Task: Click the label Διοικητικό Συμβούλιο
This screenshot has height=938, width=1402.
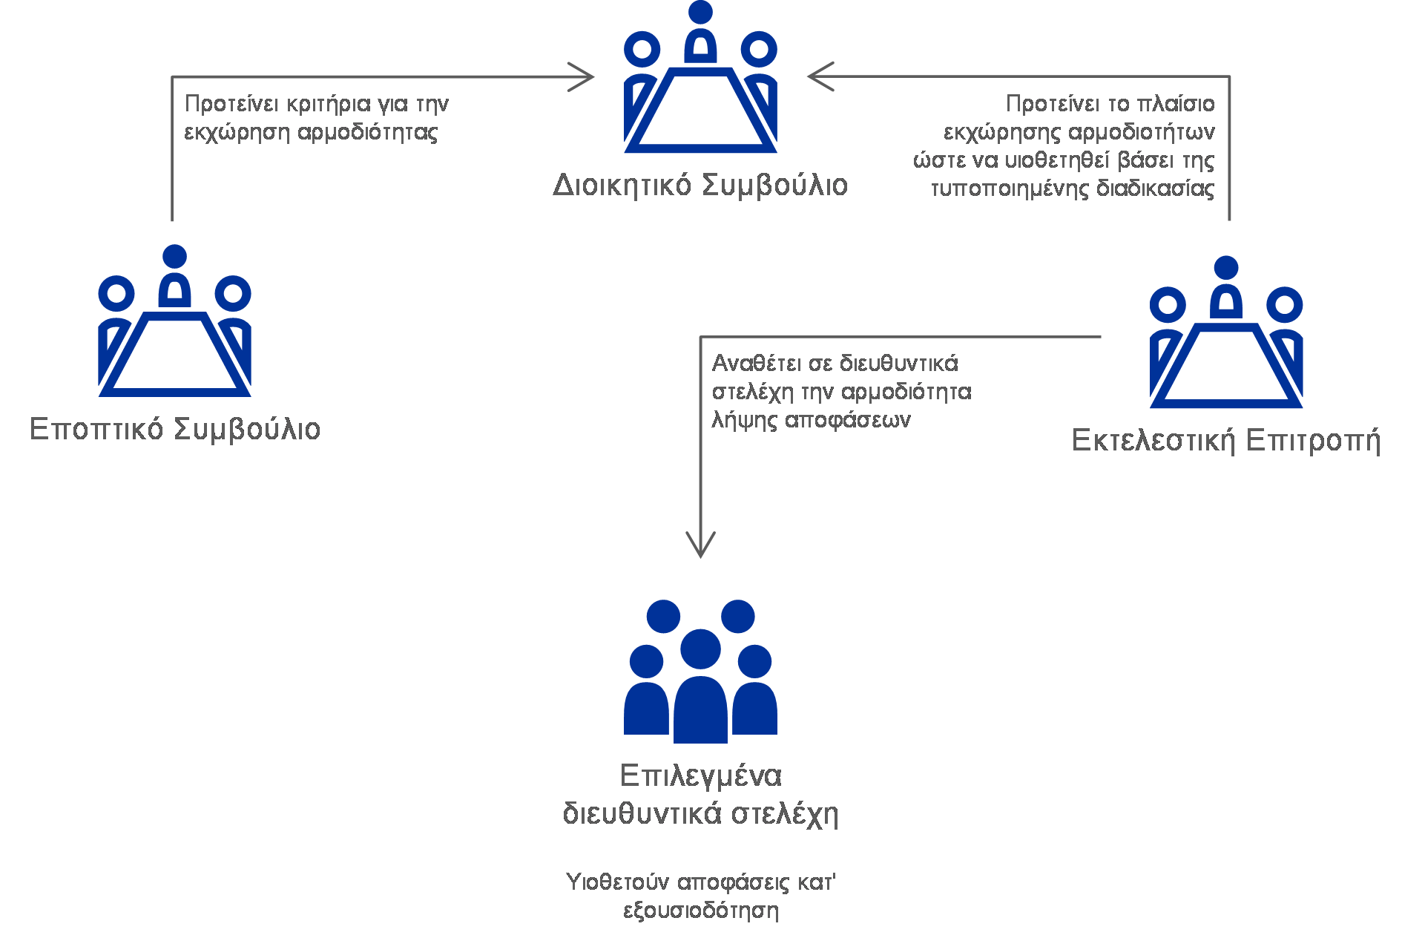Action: coord(700,186)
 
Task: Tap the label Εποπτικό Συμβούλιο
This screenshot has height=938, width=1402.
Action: coord(175,430)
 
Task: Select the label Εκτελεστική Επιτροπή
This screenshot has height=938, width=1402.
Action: coord(1226,441)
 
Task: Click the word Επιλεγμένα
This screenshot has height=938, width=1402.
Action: coord(700,776)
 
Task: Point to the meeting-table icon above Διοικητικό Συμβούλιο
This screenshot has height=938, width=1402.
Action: coord(700,76)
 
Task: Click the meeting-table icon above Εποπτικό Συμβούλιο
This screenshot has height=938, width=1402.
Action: coord(174,321)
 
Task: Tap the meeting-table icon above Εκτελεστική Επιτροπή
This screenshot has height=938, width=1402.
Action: coord(1226,332)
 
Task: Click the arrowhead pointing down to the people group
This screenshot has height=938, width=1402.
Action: coord(700,545)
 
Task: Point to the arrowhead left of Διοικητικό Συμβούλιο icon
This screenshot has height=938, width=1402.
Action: coord(582,76)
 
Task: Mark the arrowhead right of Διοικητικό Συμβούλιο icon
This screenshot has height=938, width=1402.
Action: coord(820,76)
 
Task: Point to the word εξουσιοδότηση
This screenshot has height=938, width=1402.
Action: coord(701,911)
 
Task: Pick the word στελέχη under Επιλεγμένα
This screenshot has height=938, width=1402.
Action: coord(785,815)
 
